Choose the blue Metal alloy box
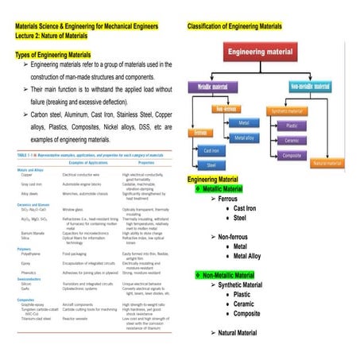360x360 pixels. [x=245, y=137]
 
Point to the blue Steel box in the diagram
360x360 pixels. [x=212, y=165]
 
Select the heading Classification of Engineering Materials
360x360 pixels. [x=234, y=26]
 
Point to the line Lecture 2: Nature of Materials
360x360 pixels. [x=59, y=37]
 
